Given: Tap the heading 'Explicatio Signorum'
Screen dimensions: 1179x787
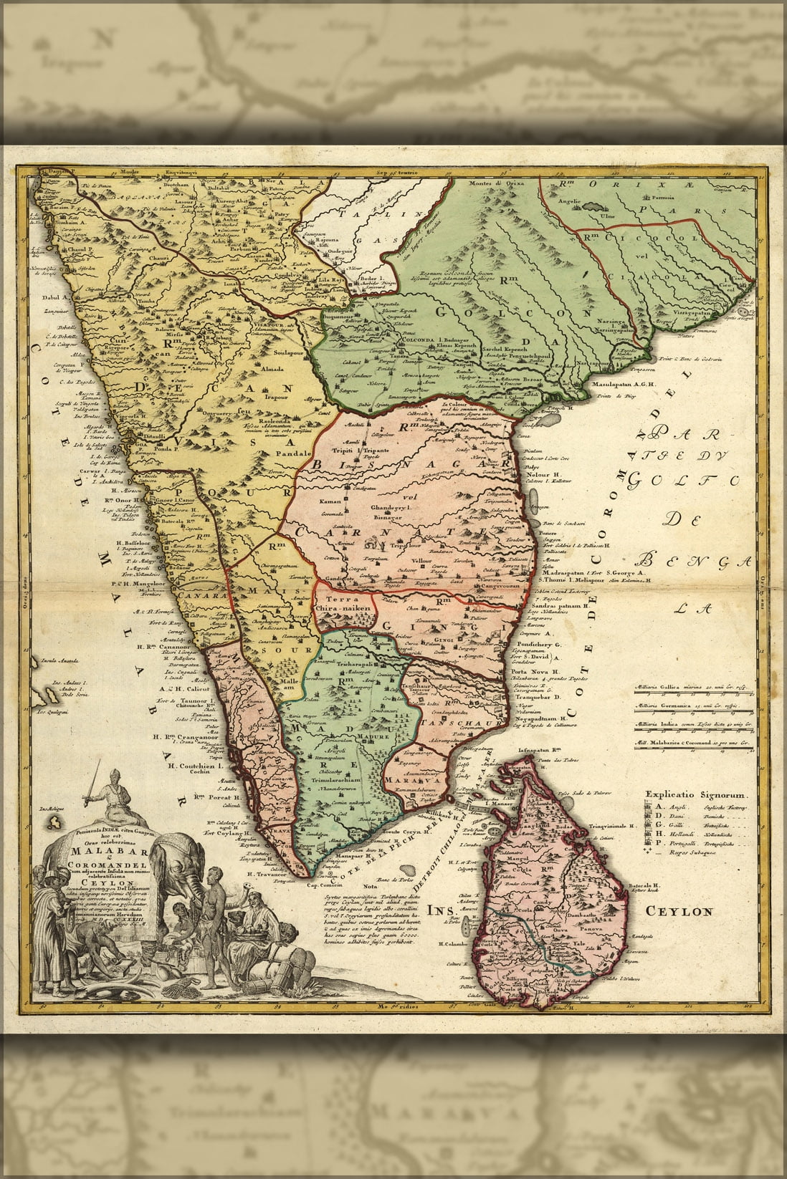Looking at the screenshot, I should (697, 795).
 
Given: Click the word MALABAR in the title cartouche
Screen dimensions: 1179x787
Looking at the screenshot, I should (95, 851).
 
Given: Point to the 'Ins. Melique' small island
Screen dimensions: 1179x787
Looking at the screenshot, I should (53, 809).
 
